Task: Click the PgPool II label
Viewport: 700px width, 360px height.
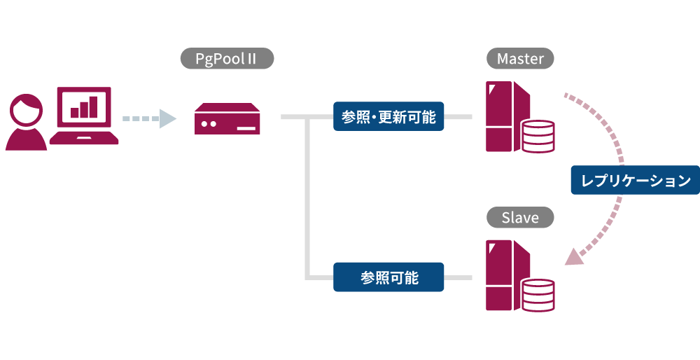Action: (x=227, y=58)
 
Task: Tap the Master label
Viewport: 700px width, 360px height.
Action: (x=520, y=58)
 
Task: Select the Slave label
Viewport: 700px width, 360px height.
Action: (x=520, y=218)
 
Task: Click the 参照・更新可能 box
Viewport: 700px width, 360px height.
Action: (x=388, y=118)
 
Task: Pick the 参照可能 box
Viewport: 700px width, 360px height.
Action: (x=388, y=277)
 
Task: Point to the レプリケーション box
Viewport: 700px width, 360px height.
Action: (x=636, y=180)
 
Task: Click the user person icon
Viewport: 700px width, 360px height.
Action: (x=27, y=123)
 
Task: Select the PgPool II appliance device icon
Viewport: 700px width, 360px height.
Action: (x=227, y=119)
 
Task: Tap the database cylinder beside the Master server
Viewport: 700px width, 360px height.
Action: (x=538, y=136)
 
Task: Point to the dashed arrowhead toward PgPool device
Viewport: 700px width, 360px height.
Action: (x=167, y=118)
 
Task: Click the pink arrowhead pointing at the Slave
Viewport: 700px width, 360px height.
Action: (x=575, y=257)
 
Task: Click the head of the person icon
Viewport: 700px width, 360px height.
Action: (x=27, y=109)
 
